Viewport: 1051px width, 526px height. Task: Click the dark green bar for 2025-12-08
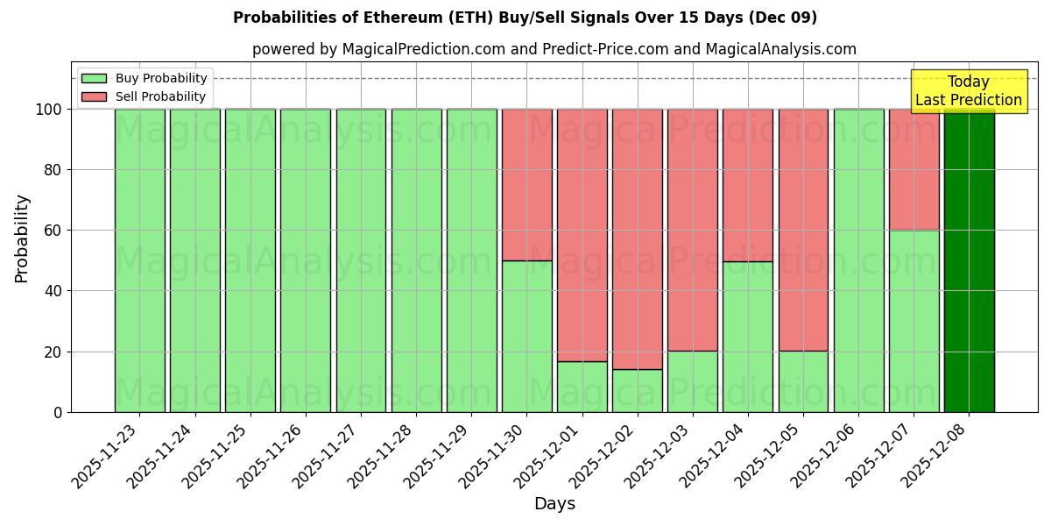[x=969, y=260]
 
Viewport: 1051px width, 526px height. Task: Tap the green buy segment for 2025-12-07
[x=913, y=321]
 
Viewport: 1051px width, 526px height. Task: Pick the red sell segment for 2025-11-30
[x=526, y=184]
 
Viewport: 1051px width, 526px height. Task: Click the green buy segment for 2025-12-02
[x=637, y=390]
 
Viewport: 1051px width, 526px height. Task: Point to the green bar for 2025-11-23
[x=139, y=260]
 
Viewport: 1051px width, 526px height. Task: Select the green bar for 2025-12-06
[x=858, y=260]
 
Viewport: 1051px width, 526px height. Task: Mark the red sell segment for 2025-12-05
[x=803, y=230]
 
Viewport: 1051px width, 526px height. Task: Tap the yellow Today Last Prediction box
[x=969, y=91]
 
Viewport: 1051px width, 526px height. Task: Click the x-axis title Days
[x=554, y=504]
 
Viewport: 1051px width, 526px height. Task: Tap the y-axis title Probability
[x=22, y=238]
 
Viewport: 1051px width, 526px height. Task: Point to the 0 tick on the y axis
[x=58, y=412]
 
